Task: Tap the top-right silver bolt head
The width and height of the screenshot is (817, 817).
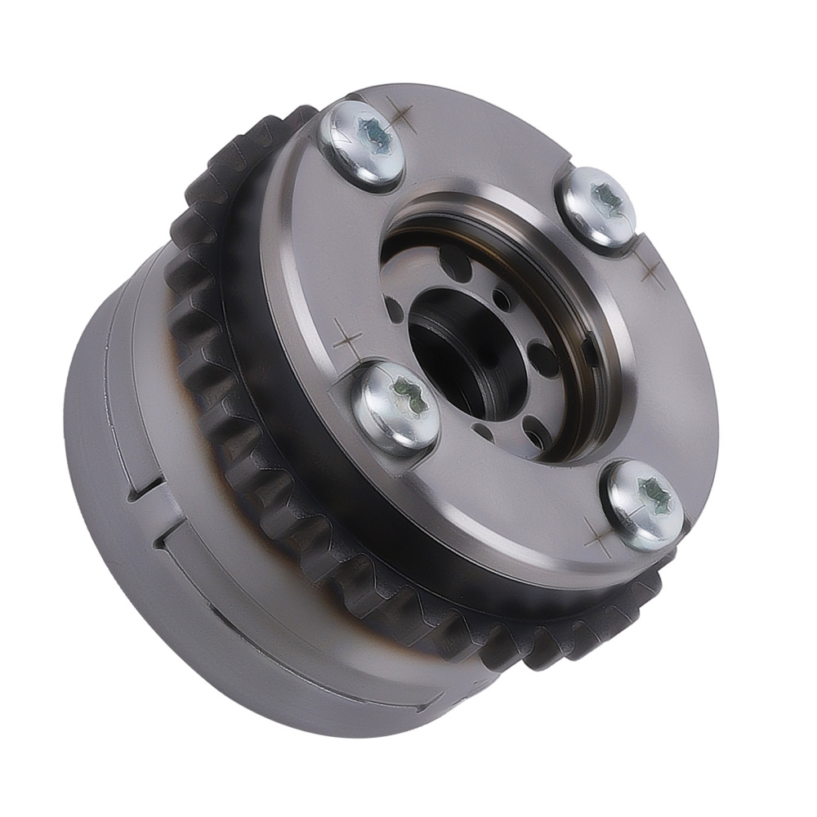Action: [596, 205]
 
